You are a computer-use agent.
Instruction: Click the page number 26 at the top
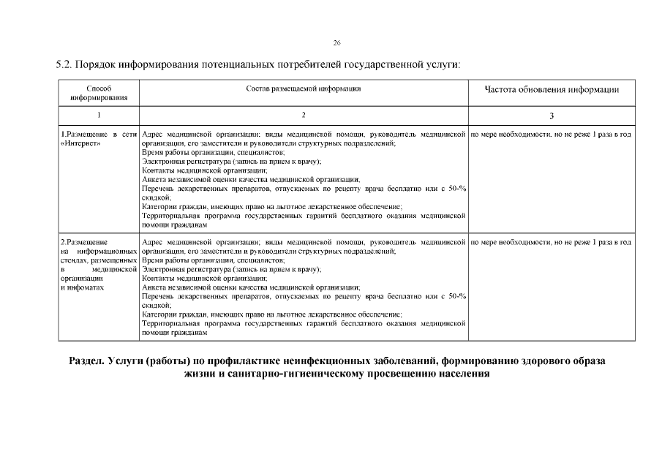pos(336,42)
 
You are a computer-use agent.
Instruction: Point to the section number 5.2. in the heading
pos(65,65)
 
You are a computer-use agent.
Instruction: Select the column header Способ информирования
pos(99,93)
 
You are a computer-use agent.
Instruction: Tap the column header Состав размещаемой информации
pos(304,88)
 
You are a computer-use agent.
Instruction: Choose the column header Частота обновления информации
pos(552,90)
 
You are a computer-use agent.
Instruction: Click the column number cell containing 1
pos(99,116)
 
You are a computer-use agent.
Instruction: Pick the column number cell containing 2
pos(304,116)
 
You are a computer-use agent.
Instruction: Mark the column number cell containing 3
pos(552,116)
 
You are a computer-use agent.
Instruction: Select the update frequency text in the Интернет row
pos(551,135)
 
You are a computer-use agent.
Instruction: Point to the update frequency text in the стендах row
pos(551,241)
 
